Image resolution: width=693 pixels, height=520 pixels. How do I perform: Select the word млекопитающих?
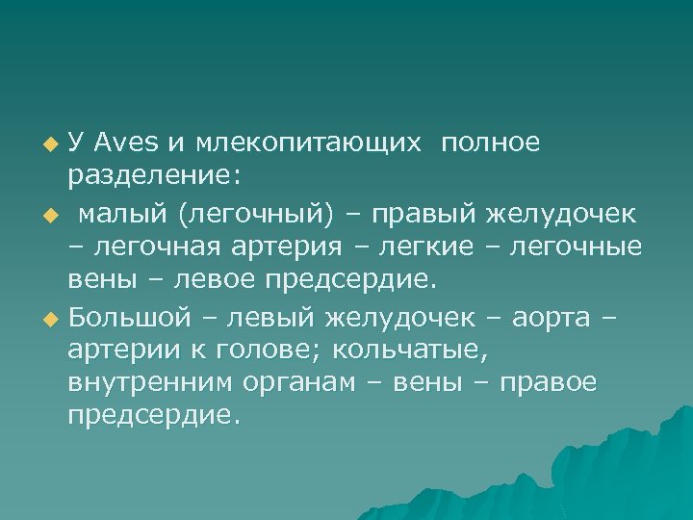click(x=309, y=144)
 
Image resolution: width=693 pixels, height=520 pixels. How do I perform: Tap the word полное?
click(x=492, y=143)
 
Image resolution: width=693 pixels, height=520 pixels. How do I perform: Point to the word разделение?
click(x=155, y=178)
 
